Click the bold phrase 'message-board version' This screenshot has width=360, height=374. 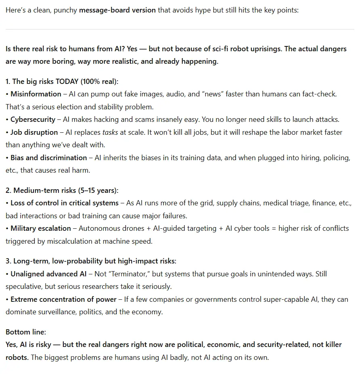(x=117, y=10)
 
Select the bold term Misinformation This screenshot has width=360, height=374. (x=36, y=94)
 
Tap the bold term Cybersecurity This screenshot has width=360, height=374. (x=33, y=119)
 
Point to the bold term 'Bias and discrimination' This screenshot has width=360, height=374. (x=48, y=158)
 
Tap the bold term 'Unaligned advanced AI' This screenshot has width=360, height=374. (x=48, y=274)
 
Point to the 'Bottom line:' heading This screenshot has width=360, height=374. (x=26, y=332)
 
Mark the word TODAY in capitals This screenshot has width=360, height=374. (x=67, y=81)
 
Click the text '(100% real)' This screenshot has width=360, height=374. (x=99, y=81)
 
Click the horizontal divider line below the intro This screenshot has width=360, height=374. (x=180, y=29)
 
